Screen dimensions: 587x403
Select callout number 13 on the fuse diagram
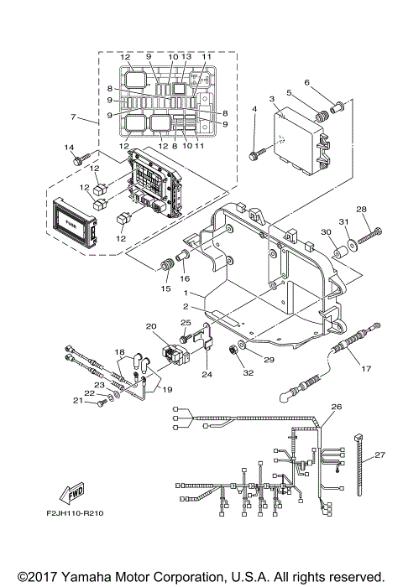[x=186, y=56]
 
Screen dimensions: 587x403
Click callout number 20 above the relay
[x=151, y=326]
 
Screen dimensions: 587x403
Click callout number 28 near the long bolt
[x=362, y=209]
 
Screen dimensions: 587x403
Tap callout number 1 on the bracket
[x=192, y=295]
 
